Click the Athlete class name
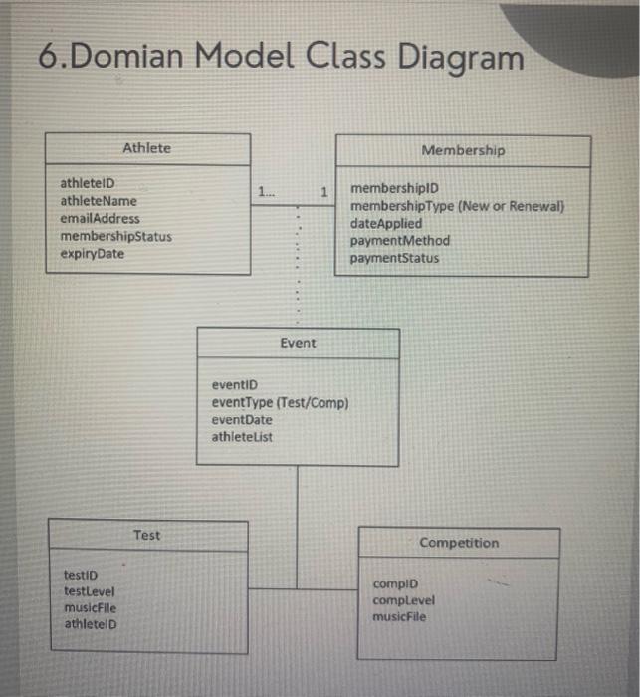pyautogui.click(x=146, y=148)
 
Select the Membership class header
pyautogui.click(x=463, y=150)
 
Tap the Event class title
pyautogui.click(x=298, y=343)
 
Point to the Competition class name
pyautogui.click(x=459, y=543)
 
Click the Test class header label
pyautogui.click(x=146, y=536)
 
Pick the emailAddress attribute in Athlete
pyautogui.click(x=101, y=219)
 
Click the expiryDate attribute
pyautogui.click(x=93, y=254)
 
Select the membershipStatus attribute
pyautogui.click(x=115, y=237)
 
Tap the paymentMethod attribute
pyautogui.click(x=400, y=241)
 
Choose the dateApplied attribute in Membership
pyautogui.click(x=386, y=224)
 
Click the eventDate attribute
pyautogui.click(x=242, y=419)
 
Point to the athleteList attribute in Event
pyautogui.click(x=242, y=436)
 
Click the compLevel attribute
pyautogui.click(x=403, y=600)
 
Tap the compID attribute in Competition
pyautogui.click(x=395, y=583)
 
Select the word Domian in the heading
pyautogui.click(x=129, y=57)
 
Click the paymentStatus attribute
pyautogui.click(x=394, y=259)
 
